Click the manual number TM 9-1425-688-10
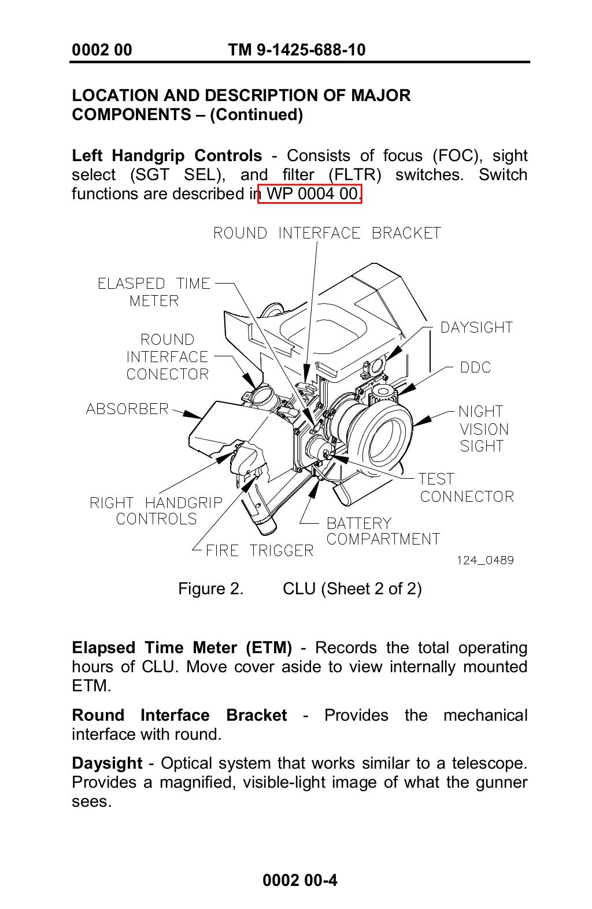coord(297,50)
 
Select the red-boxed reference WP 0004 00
coord(311,194)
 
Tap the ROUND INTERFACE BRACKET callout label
coord(327,233)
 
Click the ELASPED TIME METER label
coord(154,292)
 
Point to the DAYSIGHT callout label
coord(476,327)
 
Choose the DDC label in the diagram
coord(475,367)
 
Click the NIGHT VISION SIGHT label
coord(483,429)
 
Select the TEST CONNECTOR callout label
coord(467,488)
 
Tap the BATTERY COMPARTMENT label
coord(383,531)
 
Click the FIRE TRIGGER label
coord(260,551)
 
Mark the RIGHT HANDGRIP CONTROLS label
coord(156,511)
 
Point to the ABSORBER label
coord(127,409)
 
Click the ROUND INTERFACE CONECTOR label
coord(167,357)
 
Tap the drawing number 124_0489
coord(485,560)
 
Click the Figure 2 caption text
coord(299,588)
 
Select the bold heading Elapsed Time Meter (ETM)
coord(182,648)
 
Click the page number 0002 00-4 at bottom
coord(299,881)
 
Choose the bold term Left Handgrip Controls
coord(166,156)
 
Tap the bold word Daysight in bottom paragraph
coord(107,763)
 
